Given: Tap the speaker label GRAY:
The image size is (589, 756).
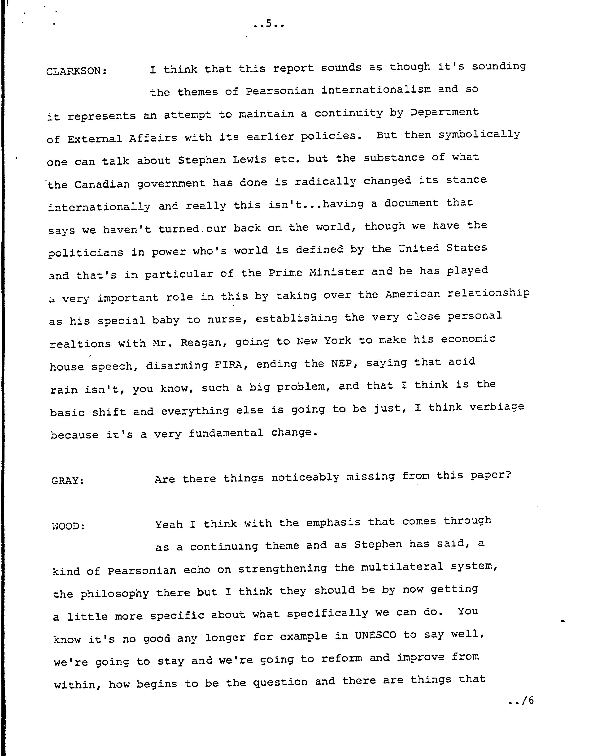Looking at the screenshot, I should [68, 481].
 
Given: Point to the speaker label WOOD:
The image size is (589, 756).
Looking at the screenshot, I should [68, 526].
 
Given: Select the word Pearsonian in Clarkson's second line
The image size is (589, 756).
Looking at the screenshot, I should [280, 91].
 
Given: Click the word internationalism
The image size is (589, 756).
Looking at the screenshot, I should [376, 90].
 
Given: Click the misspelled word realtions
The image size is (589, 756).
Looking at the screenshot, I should [80, 344].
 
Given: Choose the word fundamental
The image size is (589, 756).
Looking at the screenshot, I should [226, 433].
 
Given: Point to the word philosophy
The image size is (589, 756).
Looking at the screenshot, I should [115, 594].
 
